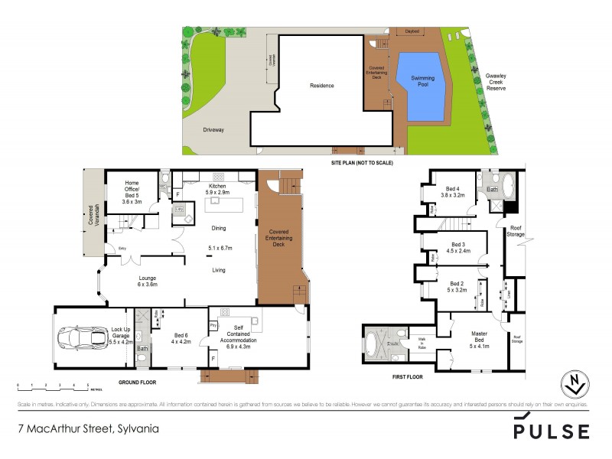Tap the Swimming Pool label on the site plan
click(422, 81)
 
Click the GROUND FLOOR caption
click(137, 381)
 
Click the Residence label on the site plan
click(321, 86)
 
